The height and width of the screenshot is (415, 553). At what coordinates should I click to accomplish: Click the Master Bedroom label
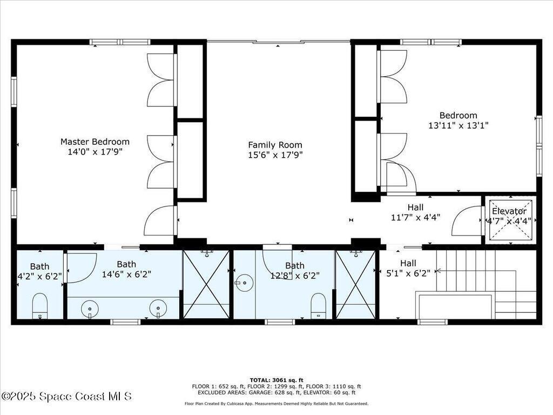pos(95,142)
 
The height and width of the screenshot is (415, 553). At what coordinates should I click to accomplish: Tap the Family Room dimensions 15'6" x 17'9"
pos(275,155)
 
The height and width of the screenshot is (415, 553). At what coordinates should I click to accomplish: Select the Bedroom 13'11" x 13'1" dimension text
pos(458,125)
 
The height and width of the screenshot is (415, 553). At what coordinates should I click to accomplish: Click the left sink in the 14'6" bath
pos(90,309)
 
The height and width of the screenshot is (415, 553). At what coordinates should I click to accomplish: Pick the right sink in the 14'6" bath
pos(158,309)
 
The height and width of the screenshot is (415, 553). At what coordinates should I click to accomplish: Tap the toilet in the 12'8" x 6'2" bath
pos(318,304)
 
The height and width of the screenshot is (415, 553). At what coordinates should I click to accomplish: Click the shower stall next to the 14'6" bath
pos(206,284)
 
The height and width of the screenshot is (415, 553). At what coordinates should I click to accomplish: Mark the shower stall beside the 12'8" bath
pos(355,284)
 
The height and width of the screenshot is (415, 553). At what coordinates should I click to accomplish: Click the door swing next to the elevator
pos(467,222)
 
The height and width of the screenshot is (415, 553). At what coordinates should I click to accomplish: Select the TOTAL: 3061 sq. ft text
pos(276,380)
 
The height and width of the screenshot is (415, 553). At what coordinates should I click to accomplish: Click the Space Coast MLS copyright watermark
pos(66,397)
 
